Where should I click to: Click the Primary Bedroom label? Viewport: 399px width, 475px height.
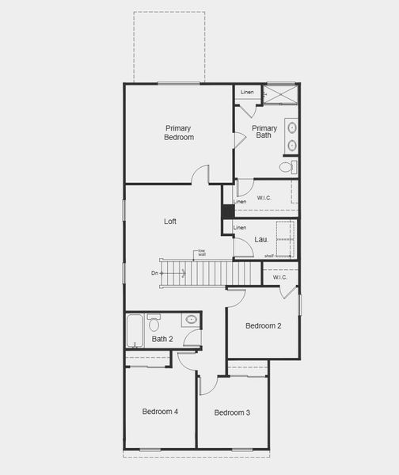[179, 132]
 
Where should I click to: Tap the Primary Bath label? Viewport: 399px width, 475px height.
[264, 132]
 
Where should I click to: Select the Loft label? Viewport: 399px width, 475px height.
[170, 222]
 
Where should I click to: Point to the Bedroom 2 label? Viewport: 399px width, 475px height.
[263, 325]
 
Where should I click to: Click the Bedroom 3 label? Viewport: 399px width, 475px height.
[232, 412]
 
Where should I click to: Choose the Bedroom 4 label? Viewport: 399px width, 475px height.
[160, 412]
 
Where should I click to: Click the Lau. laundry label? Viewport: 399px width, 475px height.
[261, 239]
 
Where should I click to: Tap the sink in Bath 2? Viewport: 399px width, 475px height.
[191, 320]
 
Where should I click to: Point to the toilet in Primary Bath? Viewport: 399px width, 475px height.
[288, 167]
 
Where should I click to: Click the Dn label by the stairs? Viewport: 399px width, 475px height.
[155, 273]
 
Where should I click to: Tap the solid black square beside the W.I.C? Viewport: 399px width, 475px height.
[227, 211]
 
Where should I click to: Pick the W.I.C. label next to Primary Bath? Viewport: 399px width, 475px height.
[265, 197]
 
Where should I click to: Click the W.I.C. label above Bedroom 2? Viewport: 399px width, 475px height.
[279, 277]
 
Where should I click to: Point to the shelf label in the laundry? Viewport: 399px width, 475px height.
[269, 256]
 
